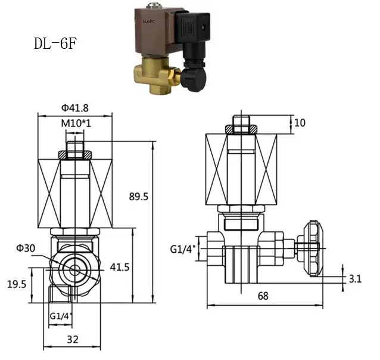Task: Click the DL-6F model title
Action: (x=55, y=44)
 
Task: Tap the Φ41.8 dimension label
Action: (x=75, y=108)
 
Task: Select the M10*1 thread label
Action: (x=76, y=123)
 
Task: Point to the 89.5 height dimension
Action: (x=138, y=197)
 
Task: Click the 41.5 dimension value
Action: (x=120, y=267)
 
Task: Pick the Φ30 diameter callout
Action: (x=26, y=248)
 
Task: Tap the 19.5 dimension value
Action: (x=17, y=284)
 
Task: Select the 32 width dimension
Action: (x=73, y=340)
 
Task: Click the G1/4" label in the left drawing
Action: (x=61, y=316)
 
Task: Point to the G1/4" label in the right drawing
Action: (x=183, y=249)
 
